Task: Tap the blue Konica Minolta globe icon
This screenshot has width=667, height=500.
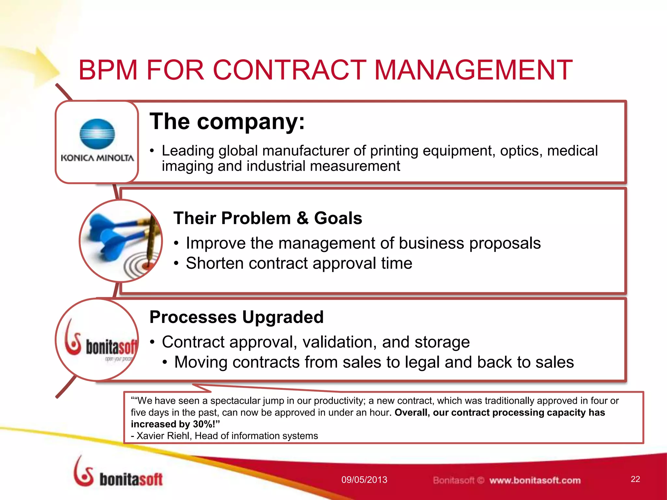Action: (97, 134)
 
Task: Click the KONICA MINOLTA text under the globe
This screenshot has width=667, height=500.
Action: (97, 158)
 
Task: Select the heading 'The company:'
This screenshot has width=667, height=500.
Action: (227, 121)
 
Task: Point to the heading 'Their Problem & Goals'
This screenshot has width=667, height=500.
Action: (267, 218)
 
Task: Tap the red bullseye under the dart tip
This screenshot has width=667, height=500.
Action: (147, 266)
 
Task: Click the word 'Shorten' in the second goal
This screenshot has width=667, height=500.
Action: (214, 263)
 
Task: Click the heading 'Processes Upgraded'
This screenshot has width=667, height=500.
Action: (236, 317)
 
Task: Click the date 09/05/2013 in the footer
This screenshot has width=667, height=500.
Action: (364, 480)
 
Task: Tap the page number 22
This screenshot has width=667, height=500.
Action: (635, 479)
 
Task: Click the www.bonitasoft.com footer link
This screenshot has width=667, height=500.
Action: (535, 480)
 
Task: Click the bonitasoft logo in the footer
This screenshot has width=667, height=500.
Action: (118, 474)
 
